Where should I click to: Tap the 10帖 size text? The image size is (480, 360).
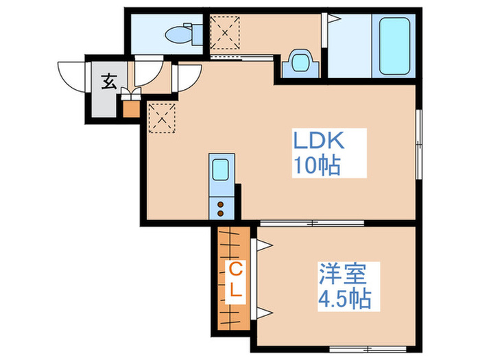pyautogui.click(x=317, y=165)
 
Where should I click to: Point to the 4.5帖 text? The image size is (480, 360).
pyautogui.click(x=344, y=298)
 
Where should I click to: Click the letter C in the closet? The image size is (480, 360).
pyautogui.click(x=235, y=268)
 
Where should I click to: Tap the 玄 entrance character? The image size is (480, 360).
pyautogui.click(x=108, y=81)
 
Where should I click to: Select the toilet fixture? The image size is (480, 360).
pyautogui.click(x=182, y=32)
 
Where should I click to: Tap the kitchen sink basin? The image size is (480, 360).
pyautogui.click(x=220, y=169)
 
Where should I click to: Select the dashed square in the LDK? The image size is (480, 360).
pyautogui.click(x=161, y=117)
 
